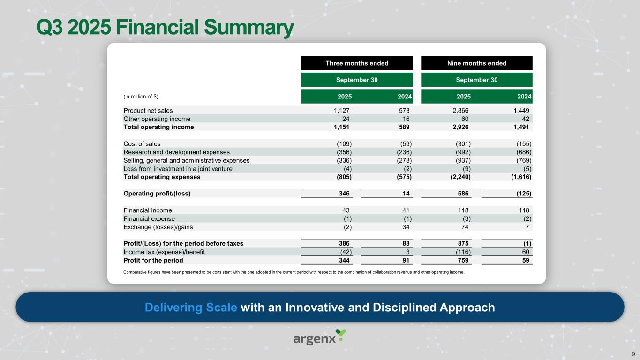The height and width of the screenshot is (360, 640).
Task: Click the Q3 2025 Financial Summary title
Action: (x=165, y=29)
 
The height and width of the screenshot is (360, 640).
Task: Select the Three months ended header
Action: (x=357, y=63)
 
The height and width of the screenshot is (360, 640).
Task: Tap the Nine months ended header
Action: (x=476, y=63)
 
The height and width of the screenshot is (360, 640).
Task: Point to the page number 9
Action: (x=633, y=353)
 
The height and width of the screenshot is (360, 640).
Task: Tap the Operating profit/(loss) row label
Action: (x=157, y=193)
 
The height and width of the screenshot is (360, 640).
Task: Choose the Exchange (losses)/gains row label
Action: (x=158, y=227)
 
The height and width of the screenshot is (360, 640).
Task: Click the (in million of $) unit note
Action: (x=141, y=97)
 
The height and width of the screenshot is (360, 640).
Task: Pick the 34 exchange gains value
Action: (x=407, y=227)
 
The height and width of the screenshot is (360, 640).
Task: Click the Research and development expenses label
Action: (x=176, y=152)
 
